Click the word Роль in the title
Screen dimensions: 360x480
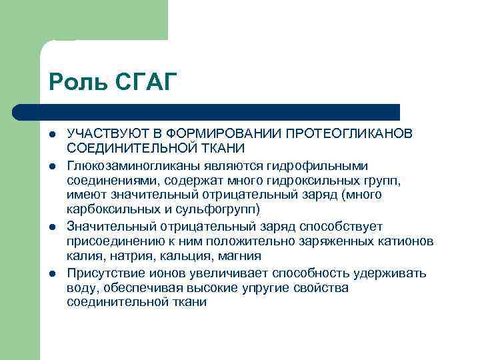pyautogui.click(x=72, y=82)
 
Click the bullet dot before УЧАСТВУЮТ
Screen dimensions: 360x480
pyautogui.click(x=53, y=135)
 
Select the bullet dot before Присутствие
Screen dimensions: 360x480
pyautogui.click(x=53, y=273)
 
